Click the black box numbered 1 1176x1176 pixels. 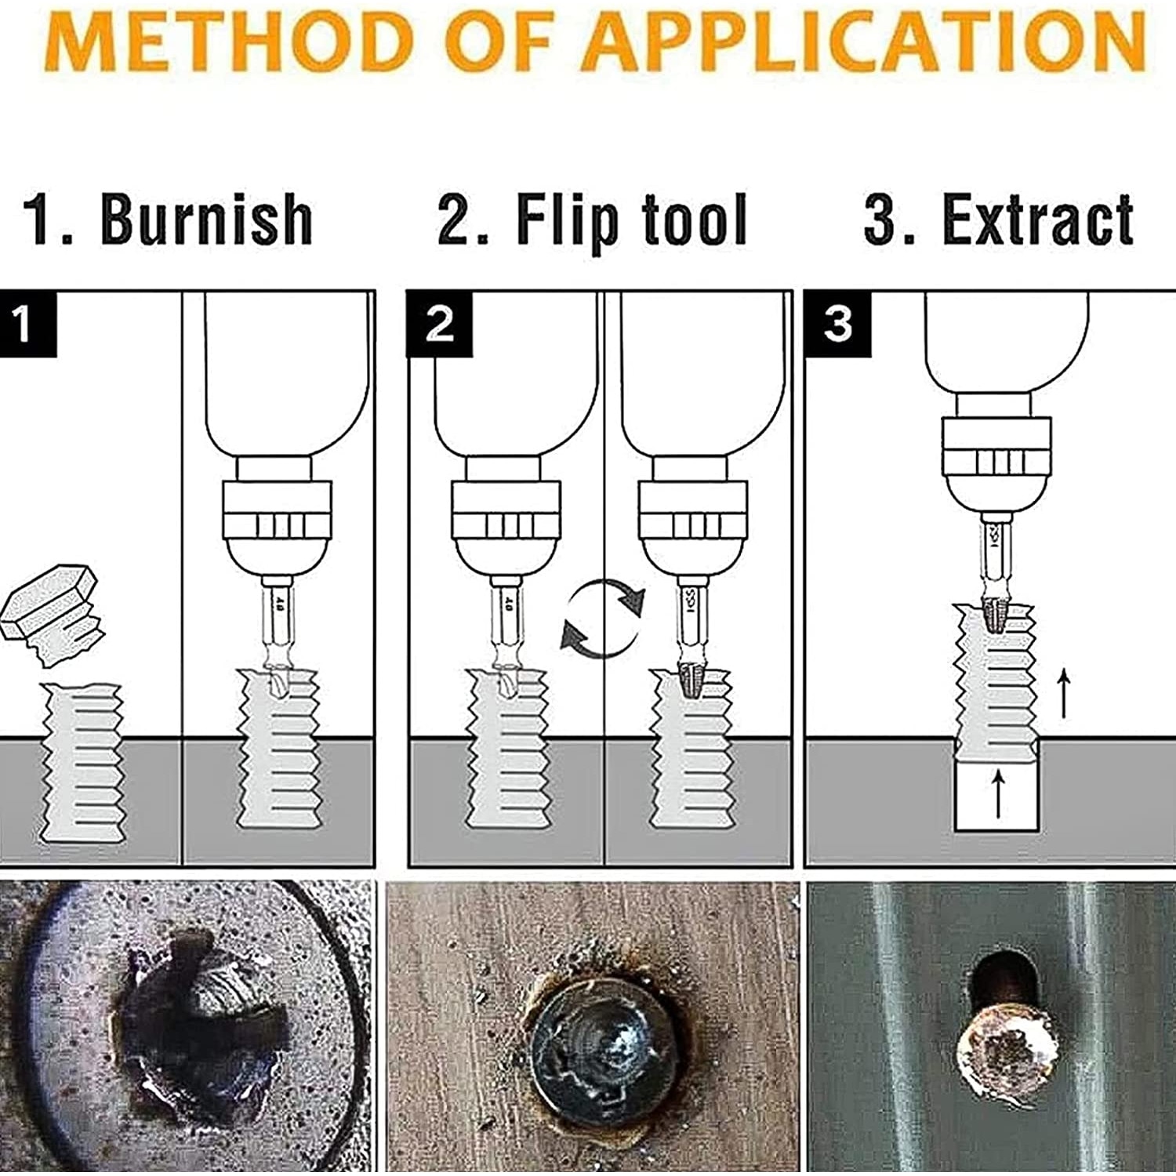pos(28,323)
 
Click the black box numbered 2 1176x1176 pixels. pos(439,323)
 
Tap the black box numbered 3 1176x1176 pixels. pos(838,323)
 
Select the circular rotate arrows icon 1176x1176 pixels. pos(604,617)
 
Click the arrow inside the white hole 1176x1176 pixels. pos(997,793)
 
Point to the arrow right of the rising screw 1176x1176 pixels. pos(1063,693)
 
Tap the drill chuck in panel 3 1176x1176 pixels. pos(996,464)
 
